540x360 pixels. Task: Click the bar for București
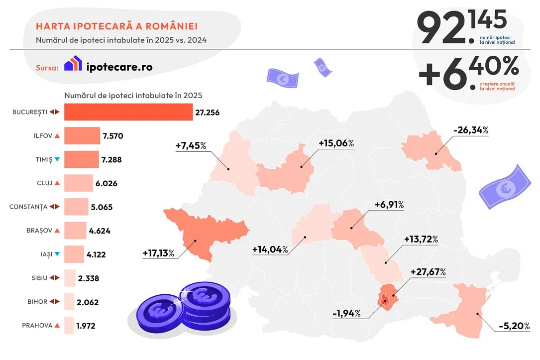(128, 112)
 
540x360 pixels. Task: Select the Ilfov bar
(82, 135)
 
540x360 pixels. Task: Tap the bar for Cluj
(79, 183)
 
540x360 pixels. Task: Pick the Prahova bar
(69, 326)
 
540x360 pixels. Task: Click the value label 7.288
(111, 160)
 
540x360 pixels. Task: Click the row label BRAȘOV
(36, 231)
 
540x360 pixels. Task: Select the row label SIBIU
(39, 278)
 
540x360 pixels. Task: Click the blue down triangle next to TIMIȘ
(57, 159)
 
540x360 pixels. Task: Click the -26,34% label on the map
(470, 130)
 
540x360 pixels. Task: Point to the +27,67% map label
(428, 272)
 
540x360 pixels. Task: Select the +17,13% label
(158, 253)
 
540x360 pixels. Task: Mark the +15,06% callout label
(336, 143)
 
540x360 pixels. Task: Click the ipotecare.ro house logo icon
(73, 63)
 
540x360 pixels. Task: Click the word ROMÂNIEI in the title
(169, 26)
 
